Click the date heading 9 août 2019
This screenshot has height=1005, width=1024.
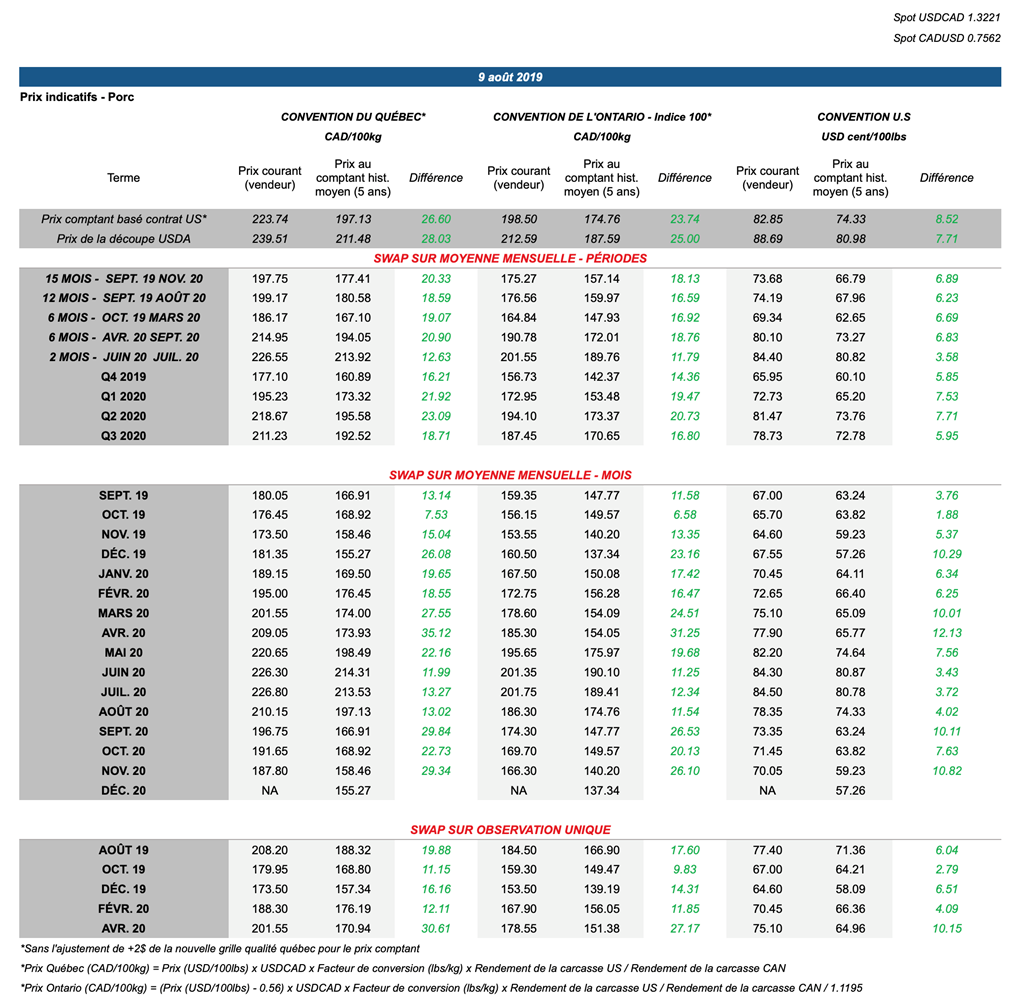[x=510, y=77]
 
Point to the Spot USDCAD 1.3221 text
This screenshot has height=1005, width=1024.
[x=946, y=18]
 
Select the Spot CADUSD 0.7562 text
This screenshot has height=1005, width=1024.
[x=946, y=39]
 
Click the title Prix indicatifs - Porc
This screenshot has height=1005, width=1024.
[x=77, y=97]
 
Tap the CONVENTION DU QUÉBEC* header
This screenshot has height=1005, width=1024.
[x=353, y=117]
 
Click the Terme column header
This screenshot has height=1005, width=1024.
[x=123, y=178]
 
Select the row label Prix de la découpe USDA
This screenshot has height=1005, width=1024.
[x=123, y=238]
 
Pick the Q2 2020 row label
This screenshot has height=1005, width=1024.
[x=123, y=416]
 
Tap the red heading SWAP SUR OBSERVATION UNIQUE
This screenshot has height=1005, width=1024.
[x=510, y=830]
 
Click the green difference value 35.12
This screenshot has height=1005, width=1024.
[x=436, y=633]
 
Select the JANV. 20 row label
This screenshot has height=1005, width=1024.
[x=123, y=574]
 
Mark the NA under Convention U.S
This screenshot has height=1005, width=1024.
[x=767, y=790]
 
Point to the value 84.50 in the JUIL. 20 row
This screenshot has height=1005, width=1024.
[x=767, y=692]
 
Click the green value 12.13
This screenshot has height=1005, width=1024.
[x=946, y=633]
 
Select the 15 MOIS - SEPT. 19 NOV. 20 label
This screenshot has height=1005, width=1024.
[x=123, y=278]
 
